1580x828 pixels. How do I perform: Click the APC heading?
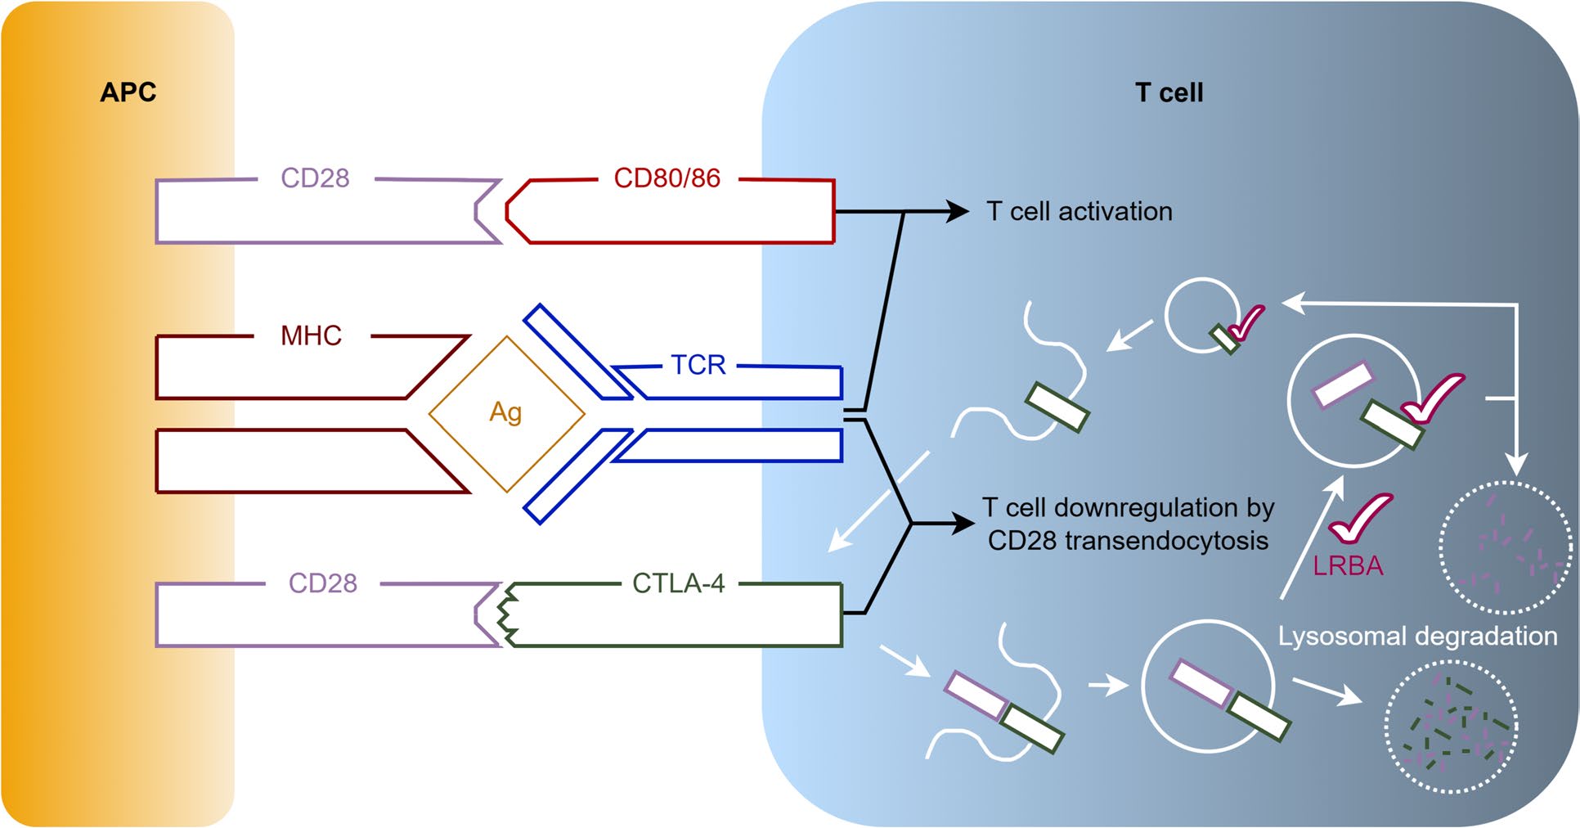(x=128, y=92)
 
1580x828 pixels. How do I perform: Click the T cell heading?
(x=1169, y=92)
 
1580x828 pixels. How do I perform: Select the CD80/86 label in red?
(x=667, y=178)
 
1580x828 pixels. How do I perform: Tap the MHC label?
(x=311, y=335)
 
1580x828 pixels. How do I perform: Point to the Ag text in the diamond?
(x=505, y=412)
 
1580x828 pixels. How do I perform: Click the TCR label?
(x=698, y=365)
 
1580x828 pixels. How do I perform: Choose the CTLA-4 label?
(x=678, y=583)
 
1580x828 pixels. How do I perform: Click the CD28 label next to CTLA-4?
(x=322, y=583)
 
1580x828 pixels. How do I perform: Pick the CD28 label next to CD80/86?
(x=315, y=178)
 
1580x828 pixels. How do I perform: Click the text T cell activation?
(x=1079, y=212)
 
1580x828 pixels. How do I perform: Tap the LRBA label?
(x=1348, y=566)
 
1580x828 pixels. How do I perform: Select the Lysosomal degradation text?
(x=1417, y=637)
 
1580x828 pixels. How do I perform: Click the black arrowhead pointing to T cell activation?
(x=958, y=211)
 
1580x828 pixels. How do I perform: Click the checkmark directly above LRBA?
(x=1359, y=519)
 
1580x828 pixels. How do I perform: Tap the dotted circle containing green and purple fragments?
(x=1451, y=727)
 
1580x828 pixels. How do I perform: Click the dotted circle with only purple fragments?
(x=1505, y=547)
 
